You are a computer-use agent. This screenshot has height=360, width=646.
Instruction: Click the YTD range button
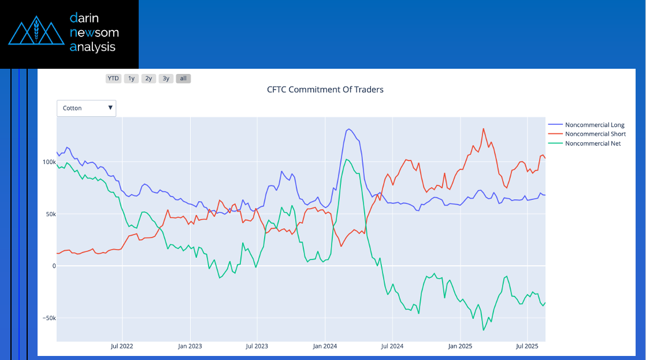(x=113, y=79)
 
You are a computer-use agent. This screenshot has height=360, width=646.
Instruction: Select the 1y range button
(x=131, y=79)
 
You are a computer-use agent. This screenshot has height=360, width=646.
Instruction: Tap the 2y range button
(x=148, y=79)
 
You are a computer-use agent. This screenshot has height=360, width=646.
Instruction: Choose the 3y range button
(x=166, y=79)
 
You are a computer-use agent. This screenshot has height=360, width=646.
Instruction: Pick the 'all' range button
(x=183, y=79)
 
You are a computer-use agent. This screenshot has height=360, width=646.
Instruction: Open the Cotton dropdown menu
(x=86, y=108)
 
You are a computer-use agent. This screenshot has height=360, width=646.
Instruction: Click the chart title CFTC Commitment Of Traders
(x=325, y=90)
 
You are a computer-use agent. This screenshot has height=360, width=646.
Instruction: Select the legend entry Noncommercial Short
(x=595, y=134)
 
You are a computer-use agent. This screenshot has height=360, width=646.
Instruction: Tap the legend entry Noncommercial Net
(x=592, y=143)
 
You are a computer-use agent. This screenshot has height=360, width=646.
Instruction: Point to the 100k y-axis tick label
(x=48, y=162)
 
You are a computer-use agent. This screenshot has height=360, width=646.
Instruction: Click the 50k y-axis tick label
(x=49, y=214)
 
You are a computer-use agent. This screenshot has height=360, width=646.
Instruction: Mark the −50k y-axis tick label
(x=48, y=318)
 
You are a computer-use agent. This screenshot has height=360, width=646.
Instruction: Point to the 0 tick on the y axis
(x=54, y=266)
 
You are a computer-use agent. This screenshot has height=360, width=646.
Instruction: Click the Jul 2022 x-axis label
(x=122, y=347)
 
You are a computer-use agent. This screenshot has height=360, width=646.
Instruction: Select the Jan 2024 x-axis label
(x=325, y=347)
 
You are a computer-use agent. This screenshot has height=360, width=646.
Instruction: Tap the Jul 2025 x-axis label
(x=527, y=347)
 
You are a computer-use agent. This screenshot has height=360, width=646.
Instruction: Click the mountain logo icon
(x=36, y=33)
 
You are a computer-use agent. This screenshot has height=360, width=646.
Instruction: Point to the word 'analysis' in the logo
(x=92, y=47)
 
